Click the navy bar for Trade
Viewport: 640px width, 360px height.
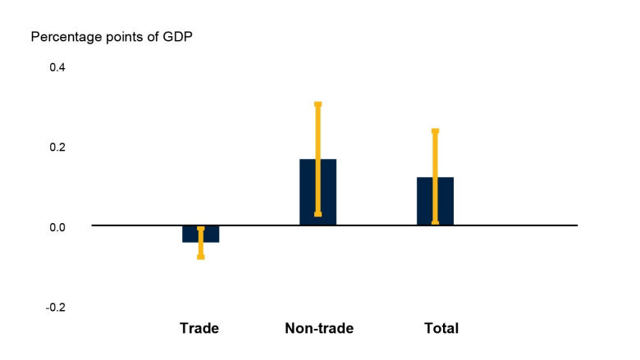(x=191, y=234)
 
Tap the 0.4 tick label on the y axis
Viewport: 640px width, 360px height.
(x=57, y=67)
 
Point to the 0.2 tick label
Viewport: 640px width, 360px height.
(x=57, y=148)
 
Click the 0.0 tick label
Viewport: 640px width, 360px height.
(x=57, y=227)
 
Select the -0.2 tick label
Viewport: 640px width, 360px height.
(x=55, y=308)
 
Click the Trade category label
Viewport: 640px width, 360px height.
(x=199, y=329)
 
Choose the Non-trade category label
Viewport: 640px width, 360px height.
(x=318, y=329)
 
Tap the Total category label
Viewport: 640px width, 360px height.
(x=441, y=329)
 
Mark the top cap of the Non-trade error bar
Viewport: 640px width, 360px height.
(x=318, y=104)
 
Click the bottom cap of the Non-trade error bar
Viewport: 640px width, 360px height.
(x=318, y=214)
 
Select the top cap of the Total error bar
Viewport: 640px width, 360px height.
(x=435, y=131)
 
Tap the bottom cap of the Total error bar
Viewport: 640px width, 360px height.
(x=435, y=221)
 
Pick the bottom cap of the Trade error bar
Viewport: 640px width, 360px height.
(x=200, y=257)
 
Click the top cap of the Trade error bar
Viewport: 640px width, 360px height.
(x=200, y=228)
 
